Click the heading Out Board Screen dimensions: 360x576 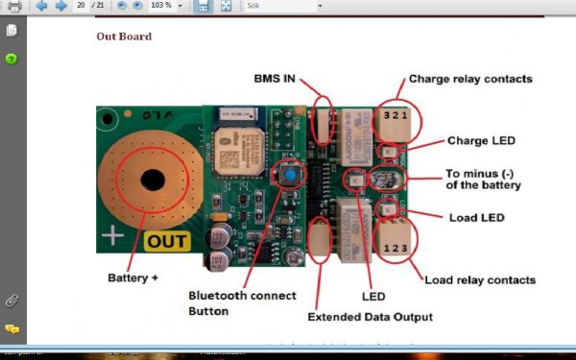[x=124, y=36]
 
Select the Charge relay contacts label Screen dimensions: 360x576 [x=470, y=79]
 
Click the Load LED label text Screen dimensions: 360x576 [x=476, y=218]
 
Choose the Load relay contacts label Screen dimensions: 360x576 [x=480, y=279]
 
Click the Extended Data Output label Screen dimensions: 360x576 [x=370, y=316]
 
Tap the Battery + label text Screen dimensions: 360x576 [x=132, y=277]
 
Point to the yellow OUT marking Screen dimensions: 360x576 [x=167, y=242]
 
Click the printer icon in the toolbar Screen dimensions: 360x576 [x=13, y=7]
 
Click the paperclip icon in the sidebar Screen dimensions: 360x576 [x=12, y=300]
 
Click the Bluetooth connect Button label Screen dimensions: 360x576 [x=242, y=302]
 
